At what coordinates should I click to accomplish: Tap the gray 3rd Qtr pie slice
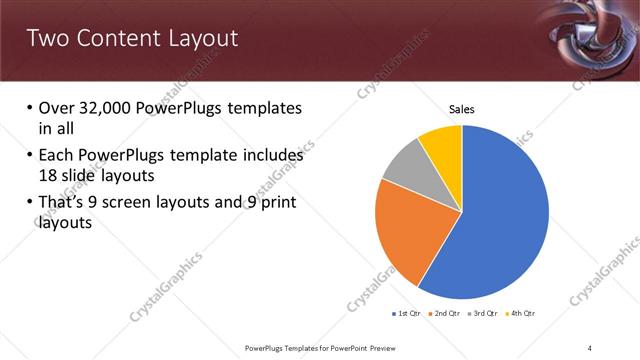click(x=406, y=165)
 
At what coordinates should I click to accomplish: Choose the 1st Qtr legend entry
click(x=408, y=314)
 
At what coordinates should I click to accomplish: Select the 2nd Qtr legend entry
click(x=445, y=314)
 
